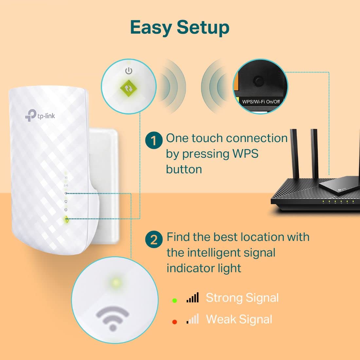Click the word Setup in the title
click(203, 27)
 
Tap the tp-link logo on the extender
click(40, 116)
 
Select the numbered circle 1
click(153, 141)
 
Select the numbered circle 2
click(153, 240)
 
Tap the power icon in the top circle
click(129, 71)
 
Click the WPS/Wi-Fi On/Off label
click(261, 101)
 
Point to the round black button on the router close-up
click(259, 81)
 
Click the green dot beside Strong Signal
click(174, 300)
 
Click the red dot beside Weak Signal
click(174, 322)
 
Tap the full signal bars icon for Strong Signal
click(193, 298)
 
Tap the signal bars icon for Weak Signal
click(193, 319)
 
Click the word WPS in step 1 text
click(245, 154)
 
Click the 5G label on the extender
click(66, 178)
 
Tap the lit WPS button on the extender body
click(66, 220)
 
